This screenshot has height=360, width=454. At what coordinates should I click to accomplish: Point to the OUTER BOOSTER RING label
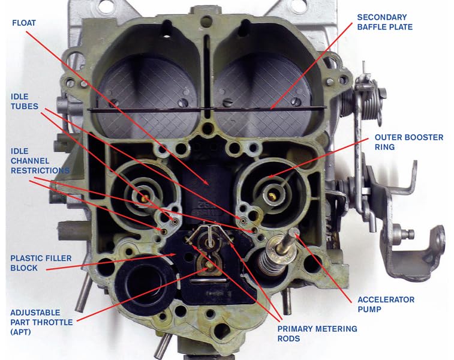coord(408,142)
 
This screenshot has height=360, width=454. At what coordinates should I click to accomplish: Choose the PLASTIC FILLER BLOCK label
coord(41,263)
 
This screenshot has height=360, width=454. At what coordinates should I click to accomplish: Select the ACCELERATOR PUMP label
coord(386,304)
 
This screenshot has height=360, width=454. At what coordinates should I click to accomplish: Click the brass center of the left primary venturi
coord(144,196)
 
